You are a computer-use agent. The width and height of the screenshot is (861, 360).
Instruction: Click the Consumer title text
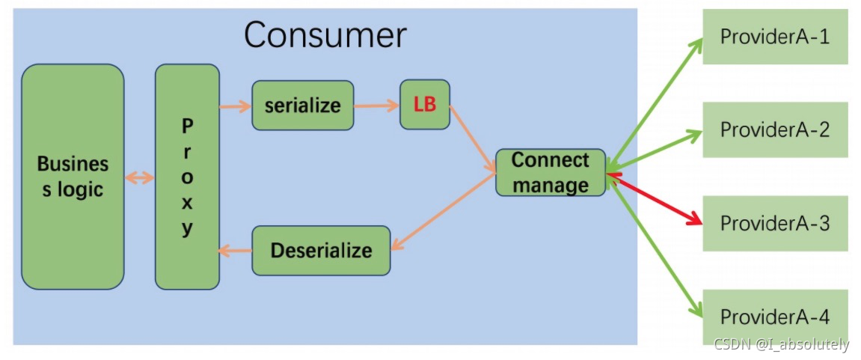click(325, 35)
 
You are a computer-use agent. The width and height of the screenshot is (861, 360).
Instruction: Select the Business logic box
click(73, 177)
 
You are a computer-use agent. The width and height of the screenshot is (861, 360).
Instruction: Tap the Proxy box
click(187, 177)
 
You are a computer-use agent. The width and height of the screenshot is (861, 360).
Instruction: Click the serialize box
click(302, 106)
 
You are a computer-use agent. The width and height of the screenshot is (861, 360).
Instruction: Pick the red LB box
click(425, 105)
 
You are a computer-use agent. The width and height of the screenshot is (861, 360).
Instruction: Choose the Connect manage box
click(551, 172)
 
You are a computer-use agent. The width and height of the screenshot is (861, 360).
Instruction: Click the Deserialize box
click(321, 250)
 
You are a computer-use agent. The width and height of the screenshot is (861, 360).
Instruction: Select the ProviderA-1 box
click(774, 37)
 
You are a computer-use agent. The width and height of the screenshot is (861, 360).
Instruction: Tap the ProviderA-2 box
click(774, 129)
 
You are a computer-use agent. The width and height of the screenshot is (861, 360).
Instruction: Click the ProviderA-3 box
click(774, 223)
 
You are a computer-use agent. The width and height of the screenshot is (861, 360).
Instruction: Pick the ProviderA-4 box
click(774, 317)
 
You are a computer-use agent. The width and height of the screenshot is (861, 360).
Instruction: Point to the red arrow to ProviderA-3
click(655, 199)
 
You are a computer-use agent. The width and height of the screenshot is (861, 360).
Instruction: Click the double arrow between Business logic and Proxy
click(139, 177)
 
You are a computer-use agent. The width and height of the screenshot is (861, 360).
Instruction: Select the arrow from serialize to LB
click(376, 106)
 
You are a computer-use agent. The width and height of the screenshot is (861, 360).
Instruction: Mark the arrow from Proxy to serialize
click(235, 106)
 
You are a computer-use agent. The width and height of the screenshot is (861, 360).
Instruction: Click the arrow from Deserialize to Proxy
click(235, 251)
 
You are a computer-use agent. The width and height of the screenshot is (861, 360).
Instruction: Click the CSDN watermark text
click(781, 344)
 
